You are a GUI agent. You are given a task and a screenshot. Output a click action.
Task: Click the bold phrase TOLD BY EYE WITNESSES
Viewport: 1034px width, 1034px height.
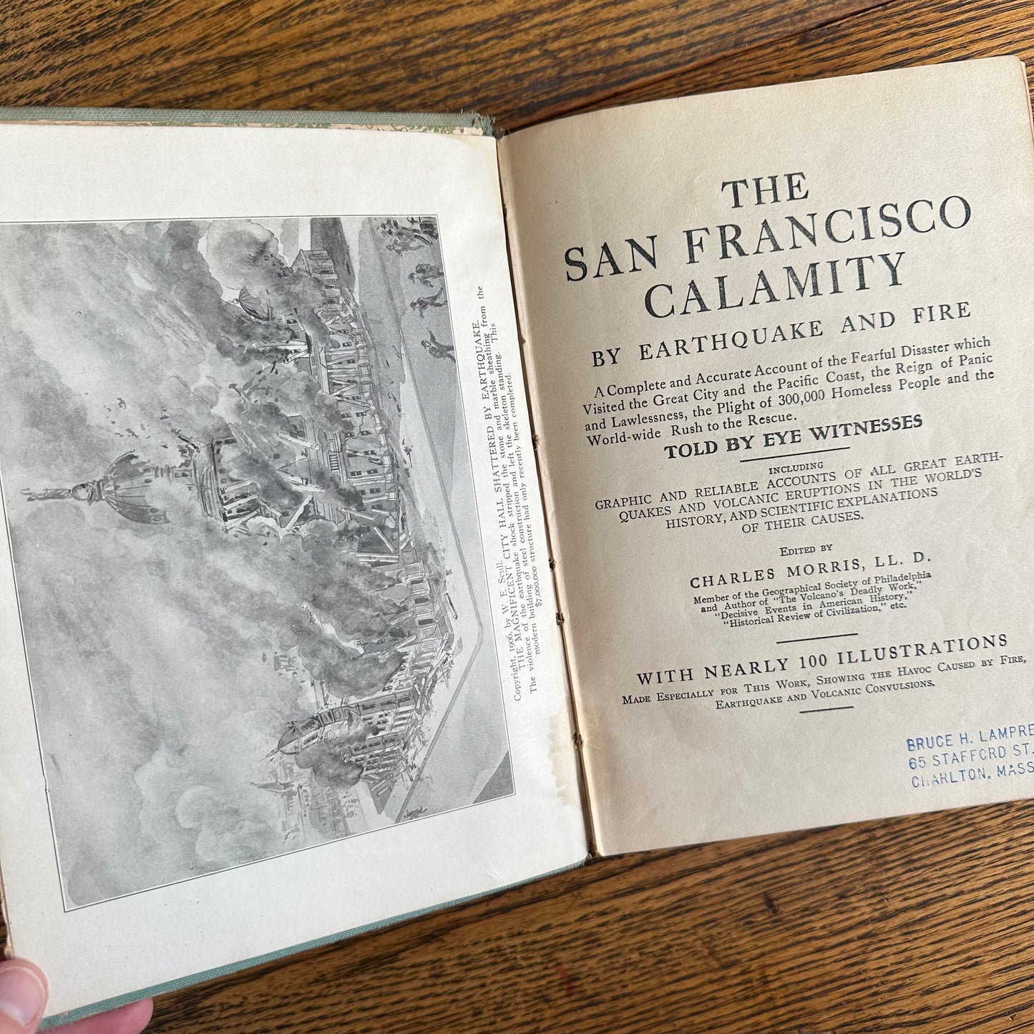pyautogui.click(x=793, y=436)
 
